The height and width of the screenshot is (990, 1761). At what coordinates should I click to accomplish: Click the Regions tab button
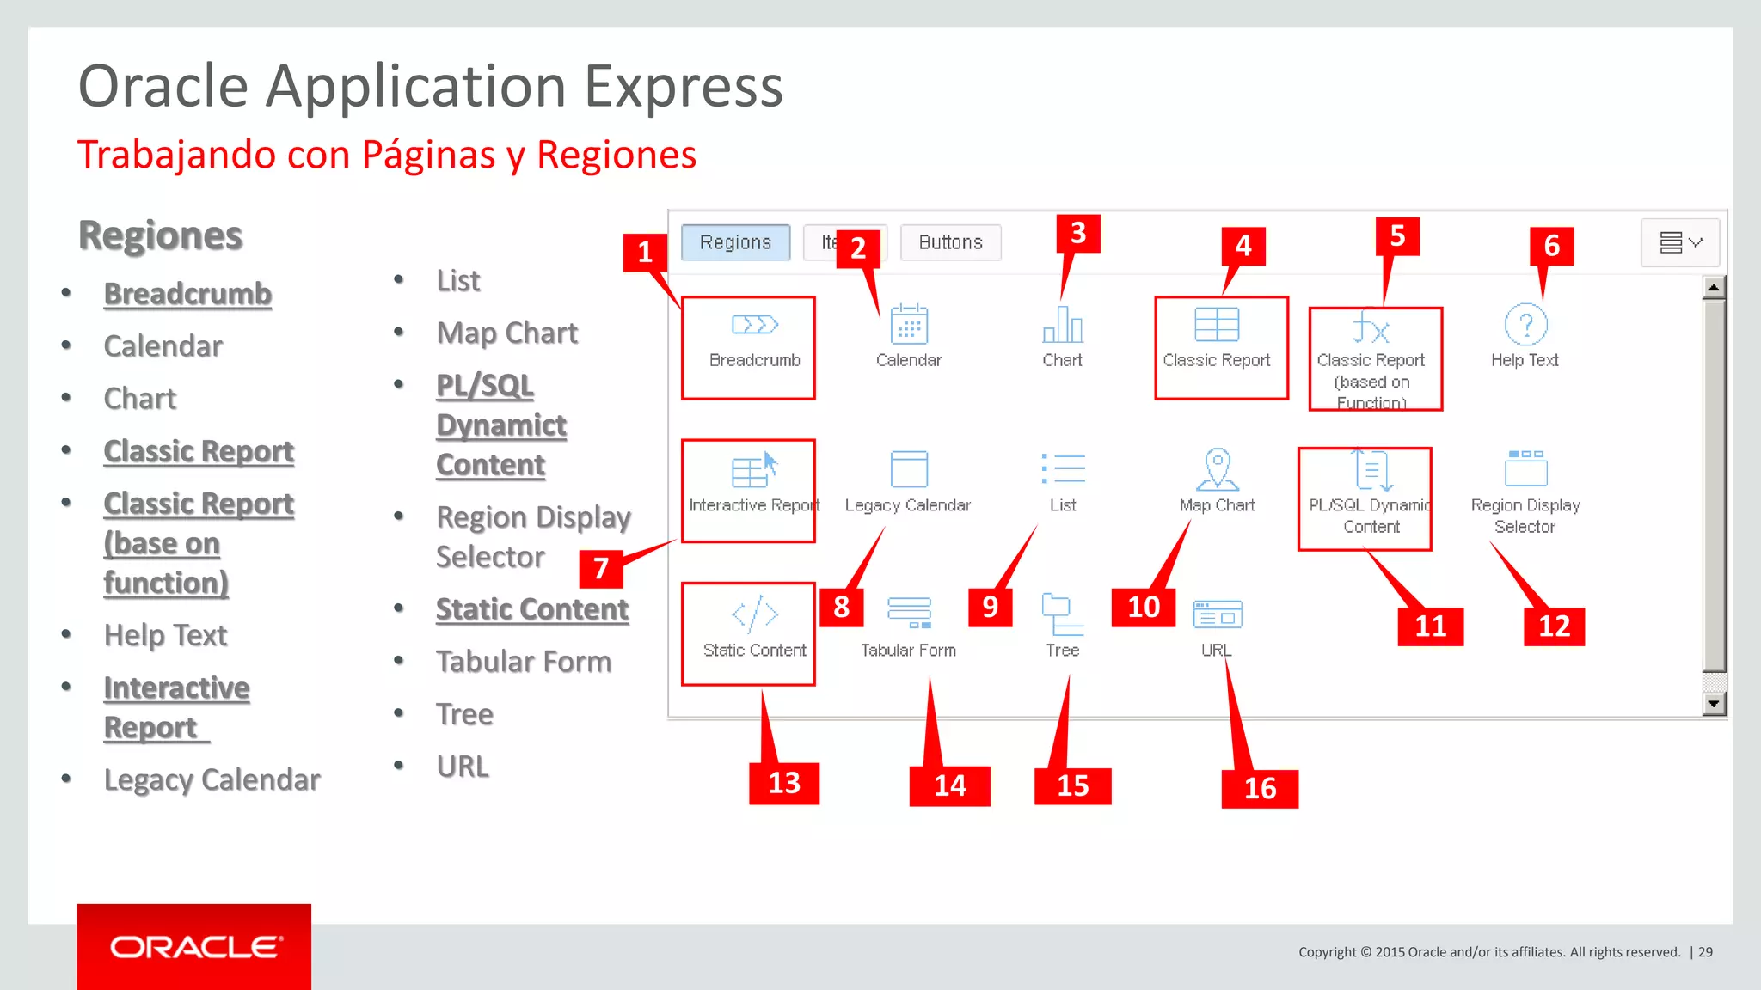735,242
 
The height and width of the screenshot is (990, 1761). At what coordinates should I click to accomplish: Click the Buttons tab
950,242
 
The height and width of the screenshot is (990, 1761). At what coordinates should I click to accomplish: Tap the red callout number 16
1260,788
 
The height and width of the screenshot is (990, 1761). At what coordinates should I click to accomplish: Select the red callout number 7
601,568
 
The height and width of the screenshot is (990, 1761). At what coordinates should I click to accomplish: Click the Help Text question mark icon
1525,325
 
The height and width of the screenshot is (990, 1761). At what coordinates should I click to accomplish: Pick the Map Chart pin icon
1217,469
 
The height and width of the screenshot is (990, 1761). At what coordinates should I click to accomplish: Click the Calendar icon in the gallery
909,325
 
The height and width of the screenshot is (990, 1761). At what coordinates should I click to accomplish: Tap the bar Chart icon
1063,325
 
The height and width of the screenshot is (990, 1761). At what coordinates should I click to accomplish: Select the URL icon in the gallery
1217,614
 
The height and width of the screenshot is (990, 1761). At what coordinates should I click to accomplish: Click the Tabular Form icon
909,613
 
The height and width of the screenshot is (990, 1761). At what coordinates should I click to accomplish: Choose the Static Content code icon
755,614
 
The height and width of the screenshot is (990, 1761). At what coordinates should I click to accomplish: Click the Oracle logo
194,947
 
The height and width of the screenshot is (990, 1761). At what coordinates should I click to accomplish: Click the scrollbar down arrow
1714,704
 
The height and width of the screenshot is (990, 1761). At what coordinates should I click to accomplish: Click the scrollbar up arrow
1714,287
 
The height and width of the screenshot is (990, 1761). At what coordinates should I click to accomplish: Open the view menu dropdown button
1681,242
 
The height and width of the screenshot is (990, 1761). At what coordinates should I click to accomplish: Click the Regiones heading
161,235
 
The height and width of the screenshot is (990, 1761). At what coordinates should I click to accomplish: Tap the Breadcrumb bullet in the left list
187,294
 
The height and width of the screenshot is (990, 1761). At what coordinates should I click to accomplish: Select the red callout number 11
1430,626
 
